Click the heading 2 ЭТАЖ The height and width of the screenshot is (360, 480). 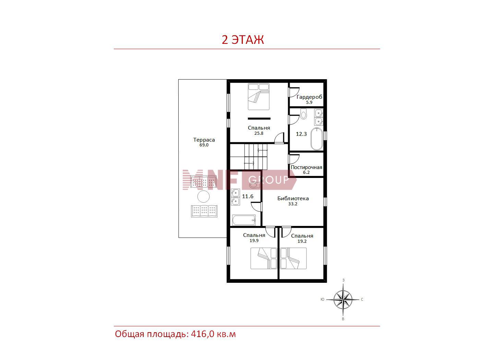click(243, 40)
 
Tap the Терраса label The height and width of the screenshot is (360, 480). click(204, 140)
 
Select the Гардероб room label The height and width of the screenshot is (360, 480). click(309, 97)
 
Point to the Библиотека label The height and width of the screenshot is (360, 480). click(293, 199)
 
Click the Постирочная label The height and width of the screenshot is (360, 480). click(307, 167)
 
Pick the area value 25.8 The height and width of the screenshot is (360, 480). click(259, 133)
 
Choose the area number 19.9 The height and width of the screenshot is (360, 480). click(254, 240)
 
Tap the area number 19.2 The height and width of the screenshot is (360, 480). click(302, 241)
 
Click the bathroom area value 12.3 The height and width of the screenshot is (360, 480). click(301, 134)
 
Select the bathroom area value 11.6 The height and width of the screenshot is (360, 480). click(248, 196)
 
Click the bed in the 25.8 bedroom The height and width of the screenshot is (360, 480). click(259, 97)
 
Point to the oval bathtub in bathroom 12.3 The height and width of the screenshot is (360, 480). click(317, 139)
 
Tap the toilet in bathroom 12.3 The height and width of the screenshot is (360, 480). click(303, 114)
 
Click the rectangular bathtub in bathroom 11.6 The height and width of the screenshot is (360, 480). click(244, 220)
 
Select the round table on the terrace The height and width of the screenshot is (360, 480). click(203, 196)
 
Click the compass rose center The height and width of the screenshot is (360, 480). click(343, 299)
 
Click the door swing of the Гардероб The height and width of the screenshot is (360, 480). click(294, 92)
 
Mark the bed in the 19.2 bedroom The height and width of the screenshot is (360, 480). click(293, 258)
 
